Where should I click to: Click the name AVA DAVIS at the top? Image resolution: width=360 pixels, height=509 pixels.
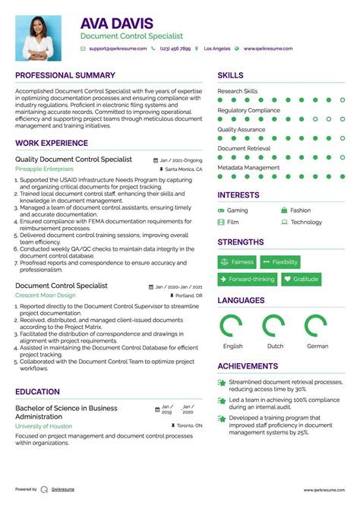(x=117, y=24)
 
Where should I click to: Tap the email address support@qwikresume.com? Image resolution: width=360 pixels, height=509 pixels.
(x=115, y=48)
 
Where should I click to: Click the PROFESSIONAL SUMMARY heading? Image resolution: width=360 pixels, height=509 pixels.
(x=65, y=76)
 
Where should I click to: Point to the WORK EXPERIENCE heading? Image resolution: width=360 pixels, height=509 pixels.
(x=52, y=143)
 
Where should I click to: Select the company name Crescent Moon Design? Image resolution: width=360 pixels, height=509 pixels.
(x=45, y=295)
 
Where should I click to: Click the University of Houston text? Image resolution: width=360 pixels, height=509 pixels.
(x=44, y=425)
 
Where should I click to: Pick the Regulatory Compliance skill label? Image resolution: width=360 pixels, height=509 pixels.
(x=248, y=110)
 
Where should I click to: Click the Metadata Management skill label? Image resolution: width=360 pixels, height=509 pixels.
(x=248, y=167)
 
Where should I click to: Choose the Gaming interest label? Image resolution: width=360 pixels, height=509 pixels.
(x=237, y=210)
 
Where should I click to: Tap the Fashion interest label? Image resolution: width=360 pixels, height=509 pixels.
(x=300, y=210)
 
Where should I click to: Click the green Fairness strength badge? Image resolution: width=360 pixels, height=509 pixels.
(x=237, y=262)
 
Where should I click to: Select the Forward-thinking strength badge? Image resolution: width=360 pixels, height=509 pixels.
(x=247, y=279)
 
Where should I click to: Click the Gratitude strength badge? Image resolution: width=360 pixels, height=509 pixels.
(x=301, y=279)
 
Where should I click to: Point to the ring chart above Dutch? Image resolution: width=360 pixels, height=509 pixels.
(x=274, y=326)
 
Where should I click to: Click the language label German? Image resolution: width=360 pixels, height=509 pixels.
(x=317, y=346)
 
